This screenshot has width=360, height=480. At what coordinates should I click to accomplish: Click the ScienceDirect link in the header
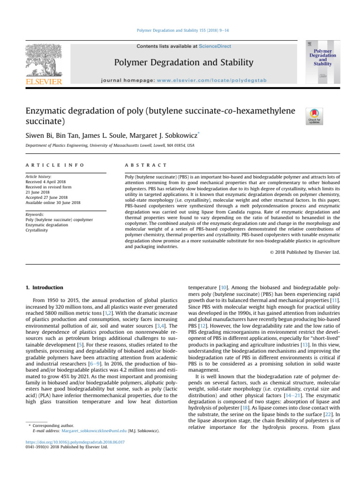point(215,46)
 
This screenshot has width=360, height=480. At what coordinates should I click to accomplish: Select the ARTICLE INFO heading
point(55,165)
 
